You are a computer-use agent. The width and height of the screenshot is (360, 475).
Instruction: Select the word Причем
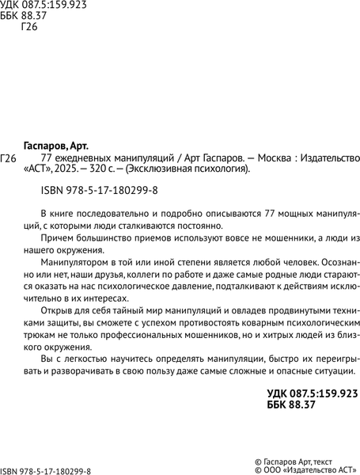click(55, 237)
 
